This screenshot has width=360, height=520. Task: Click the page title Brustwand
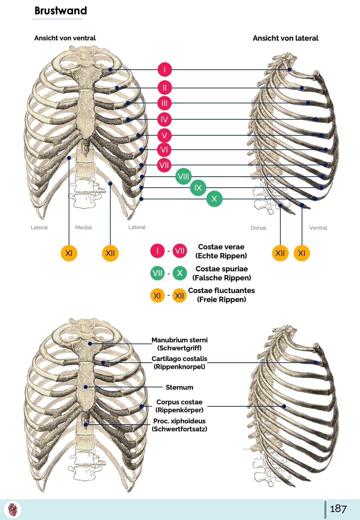[61, 11]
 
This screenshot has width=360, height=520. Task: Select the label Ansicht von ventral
[65, 38]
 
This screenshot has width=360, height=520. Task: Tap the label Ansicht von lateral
[285, 38]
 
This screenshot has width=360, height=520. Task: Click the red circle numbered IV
[164, 119]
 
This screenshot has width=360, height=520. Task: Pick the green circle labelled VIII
[183, 176]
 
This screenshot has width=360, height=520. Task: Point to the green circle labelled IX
[198, 188]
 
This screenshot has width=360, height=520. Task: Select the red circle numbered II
[164, 88]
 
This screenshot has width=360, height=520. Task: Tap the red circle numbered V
[164, 135]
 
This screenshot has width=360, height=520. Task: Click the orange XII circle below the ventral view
[110, 253]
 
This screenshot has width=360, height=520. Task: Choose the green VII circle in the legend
[157, 273]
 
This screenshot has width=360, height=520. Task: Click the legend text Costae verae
[221, 247]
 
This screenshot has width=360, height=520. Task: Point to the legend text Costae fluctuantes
[221, 291]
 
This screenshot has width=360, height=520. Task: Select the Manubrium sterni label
[179, 340]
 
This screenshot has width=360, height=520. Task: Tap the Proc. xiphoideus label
[179, 421]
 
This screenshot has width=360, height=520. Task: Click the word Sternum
[179, 387]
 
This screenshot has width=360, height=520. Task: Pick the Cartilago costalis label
[179, 359]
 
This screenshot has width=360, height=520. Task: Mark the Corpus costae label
[179, 402]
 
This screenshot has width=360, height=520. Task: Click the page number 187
[338, 509]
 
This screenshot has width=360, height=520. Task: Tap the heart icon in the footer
[13, 510]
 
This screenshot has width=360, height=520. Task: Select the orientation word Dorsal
[258, 228]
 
